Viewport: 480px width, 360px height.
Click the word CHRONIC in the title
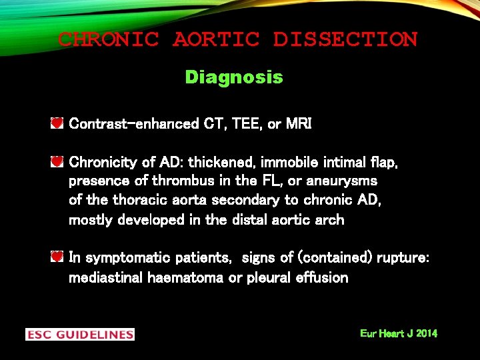(108, 39)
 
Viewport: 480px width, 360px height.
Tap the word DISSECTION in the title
(345, 39)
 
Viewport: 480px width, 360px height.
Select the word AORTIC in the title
(216, 39)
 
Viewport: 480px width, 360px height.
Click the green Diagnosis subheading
(234, 77)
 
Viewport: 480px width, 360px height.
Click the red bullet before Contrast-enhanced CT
(57, 123)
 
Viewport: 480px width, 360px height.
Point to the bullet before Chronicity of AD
(57, 162)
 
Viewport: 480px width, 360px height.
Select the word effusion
(322, 278)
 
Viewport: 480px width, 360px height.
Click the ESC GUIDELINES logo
(80, 334)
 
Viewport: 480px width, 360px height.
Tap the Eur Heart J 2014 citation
(399, 333)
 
